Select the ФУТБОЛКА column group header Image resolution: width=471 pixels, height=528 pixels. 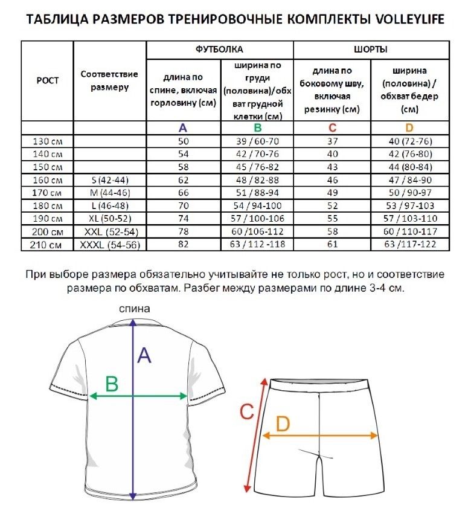(220, 50)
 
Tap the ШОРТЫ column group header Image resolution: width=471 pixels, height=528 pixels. (371, 50)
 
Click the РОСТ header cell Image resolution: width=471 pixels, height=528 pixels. (47, 80)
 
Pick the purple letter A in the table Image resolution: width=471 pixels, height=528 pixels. (183, 128)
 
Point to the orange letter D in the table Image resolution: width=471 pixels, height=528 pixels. (409, 128)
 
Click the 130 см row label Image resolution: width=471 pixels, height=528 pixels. (47, 141)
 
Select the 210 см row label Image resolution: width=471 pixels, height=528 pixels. (47, 244)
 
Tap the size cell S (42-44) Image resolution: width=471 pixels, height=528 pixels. (110, 180)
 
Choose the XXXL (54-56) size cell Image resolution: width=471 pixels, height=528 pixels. (110, 244)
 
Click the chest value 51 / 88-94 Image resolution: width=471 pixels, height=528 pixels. (258, 193)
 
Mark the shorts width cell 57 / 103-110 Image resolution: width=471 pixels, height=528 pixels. (409, 219)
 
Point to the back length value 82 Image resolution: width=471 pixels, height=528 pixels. (183, 244)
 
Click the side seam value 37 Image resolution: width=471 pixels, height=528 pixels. (332, 141)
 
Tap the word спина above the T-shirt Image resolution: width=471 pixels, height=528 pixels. (134, 309)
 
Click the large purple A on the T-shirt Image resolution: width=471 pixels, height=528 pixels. (144, 355)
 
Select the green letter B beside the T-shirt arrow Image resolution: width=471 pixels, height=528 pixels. (112, 383)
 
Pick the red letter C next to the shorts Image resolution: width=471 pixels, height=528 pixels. (246, 412)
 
